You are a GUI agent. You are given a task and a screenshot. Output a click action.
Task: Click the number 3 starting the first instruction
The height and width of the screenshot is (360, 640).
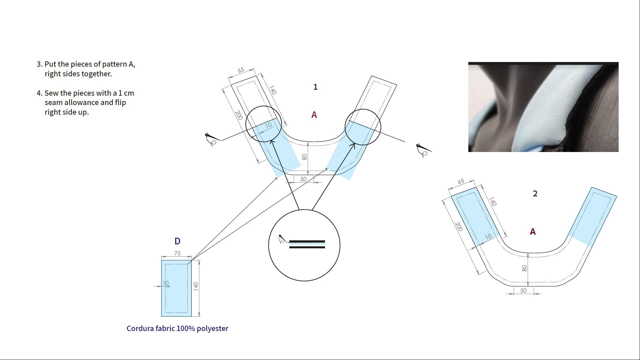pos(39,64)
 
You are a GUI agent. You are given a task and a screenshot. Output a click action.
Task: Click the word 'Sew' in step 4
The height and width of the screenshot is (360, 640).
pos(52,93)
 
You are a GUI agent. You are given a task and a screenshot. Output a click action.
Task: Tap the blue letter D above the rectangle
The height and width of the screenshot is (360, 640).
pos(177,241)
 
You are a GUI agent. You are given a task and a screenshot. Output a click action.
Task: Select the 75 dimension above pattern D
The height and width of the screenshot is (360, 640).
pos(177,253)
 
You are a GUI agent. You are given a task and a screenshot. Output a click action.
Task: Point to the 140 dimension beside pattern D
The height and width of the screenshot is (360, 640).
pos(196,286)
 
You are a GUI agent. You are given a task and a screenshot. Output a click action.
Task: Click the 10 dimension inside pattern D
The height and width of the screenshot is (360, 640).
pos(166,283)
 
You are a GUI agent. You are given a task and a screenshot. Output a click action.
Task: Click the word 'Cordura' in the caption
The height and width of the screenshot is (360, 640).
pos(140,328)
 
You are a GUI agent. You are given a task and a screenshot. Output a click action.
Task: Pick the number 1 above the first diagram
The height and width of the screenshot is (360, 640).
pos(315,87)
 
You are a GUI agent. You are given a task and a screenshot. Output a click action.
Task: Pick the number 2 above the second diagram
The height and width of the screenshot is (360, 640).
pos(535,194)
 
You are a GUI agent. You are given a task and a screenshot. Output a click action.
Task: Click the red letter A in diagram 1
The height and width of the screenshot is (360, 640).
pos(314,115)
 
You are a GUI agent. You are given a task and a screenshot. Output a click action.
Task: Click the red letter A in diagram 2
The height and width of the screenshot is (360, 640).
pos(533,232)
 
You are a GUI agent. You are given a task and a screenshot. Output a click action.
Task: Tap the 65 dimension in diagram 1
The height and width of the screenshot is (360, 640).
pos(241,70)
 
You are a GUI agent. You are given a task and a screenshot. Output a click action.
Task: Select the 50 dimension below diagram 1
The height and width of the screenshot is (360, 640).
pos(303,179)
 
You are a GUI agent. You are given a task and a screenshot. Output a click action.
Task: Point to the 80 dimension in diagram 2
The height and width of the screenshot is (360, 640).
pos(524,268)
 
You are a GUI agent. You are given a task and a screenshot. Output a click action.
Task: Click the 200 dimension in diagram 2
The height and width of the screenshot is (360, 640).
pos(459,227)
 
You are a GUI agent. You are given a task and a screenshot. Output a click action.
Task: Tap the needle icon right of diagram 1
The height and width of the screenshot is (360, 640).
pos(424,150)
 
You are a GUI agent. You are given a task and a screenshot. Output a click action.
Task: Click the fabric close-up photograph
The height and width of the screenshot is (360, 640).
pos(543,107)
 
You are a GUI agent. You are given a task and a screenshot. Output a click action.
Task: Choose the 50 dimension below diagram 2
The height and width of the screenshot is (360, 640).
pos(523,291)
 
